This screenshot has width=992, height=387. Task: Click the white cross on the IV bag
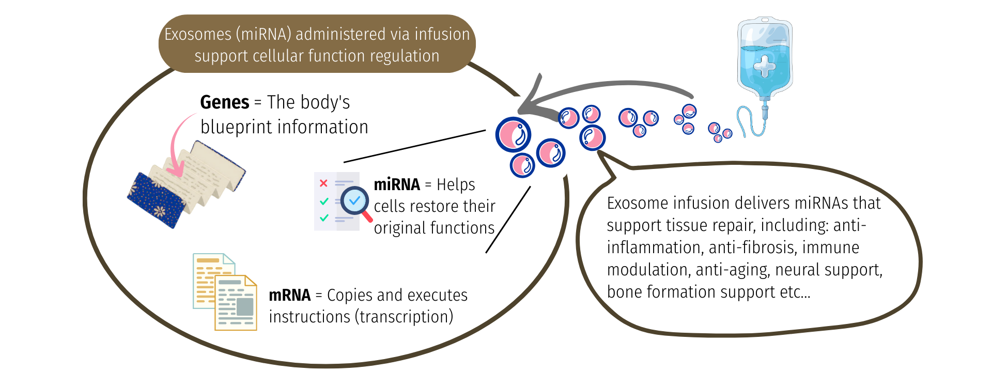pyautogui.click(x=765, y=66)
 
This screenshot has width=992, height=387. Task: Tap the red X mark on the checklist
pyautogui.click(x=323, y=183)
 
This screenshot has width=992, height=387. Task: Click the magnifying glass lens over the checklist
pyautogui.click(x=354, y=200)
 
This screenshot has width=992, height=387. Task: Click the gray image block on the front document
pyautogui.click(x=245, y=306)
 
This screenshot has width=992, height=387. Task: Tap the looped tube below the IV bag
pyautogui.click(x=747, y=121)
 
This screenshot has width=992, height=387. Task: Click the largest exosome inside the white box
pyautogui.click(x=514, y=134)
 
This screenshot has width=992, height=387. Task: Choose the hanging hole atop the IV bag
pyautogui.click(x=764, y=20)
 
